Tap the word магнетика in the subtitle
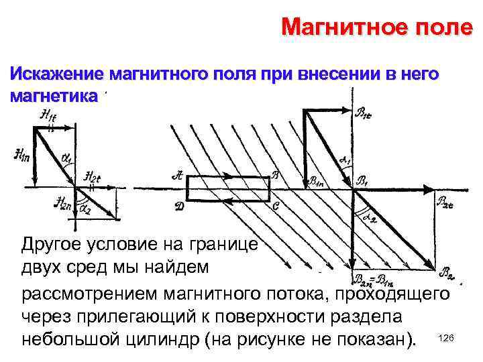pyautogui.click(x=54, y=95)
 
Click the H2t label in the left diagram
pyautogui.click(x=92, y=177)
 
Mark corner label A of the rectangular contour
pyautogui.click(x=177, y=176)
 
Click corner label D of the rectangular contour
pyautogui.click(x=179, y=206)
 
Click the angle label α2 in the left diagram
pyautogui.click(x=86, y=208)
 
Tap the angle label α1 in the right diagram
pyautogui.click(x=344, y=161)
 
